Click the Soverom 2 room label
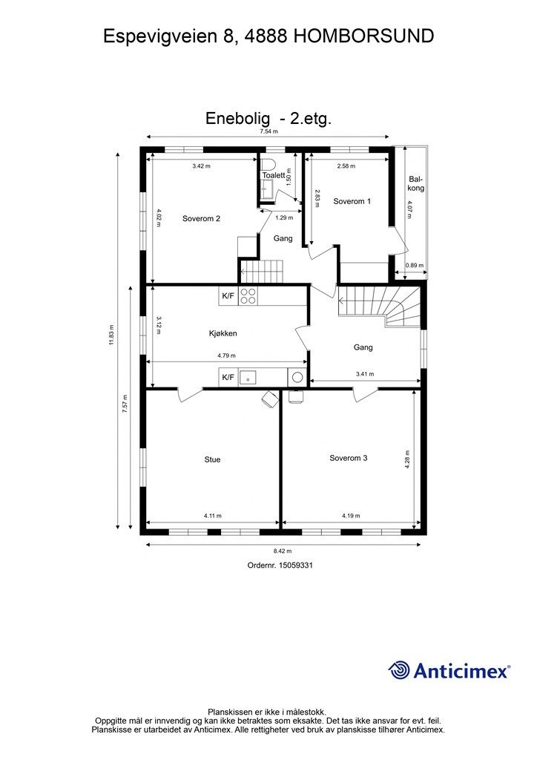[201, 219]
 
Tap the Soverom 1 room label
[352, 201]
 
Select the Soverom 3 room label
[348, 458]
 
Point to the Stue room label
[212, 459]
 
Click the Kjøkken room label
[223, 333]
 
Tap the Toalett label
[274, 175]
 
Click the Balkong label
[416, 183]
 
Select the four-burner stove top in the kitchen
[248, 295]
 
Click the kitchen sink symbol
[248, 377]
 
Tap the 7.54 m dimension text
[268, 131]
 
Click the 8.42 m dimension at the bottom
[283, 551]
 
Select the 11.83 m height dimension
[111, 335]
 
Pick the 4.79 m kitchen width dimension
[226, 356]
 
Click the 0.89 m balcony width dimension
[414, 265]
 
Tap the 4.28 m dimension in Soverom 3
[407, 459]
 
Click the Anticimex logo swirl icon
[399, 670]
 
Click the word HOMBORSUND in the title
[363, 36]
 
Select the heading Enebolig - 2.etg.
[268, 118]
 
